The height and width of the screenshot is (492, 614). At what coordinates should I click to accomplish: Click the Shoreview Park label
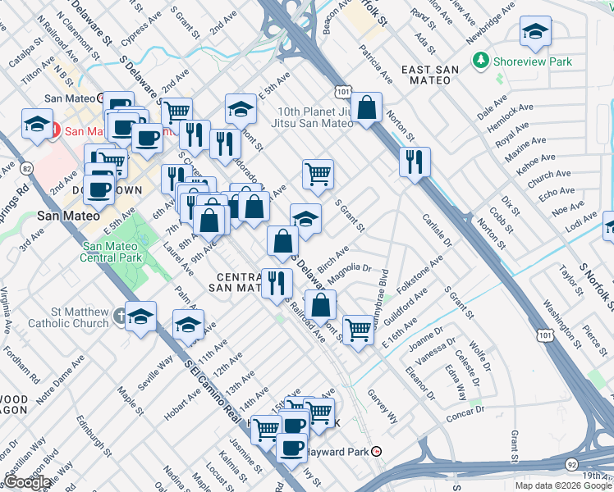click(523, 61)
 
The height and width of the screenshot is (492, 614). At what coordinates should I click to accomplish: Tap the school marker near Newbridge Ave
click(535, 32)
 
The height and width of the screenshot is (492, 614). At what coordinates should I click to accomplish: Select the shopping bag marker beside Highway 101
click(369, 106)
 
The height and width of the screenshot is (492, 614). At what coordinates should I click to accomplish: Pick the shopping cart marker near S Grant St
click(317, 173)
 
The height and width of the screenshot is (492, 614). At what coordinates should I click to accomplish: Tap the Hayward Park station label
click(340, 451)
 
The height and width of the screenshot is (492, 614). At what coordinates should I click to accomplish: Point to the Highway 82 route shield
click(28, 168)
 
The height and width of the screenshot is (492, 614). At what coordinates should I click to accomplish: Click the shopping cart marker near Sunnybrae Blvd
click(358, 330)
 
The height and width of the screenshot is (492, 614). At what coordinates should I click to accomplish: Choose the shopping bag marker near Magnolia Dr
click(323, 304)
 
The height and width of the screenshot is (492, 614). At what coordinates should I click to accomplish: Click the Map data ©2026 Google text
click(563, 485)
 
